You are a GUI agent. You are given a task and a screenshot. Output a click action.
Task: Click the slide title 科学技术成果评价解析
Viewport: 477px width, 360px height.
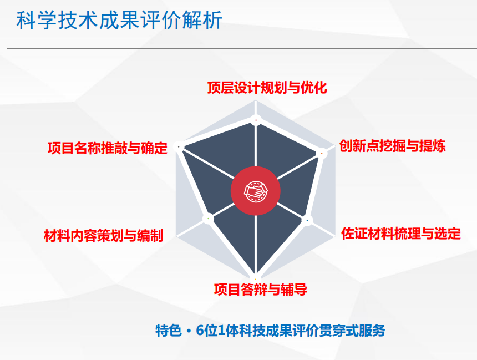pos(119,20)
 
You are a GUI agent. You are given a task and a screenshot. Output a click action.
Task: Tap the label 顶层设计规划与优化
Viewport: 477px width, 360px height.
pos(267,88)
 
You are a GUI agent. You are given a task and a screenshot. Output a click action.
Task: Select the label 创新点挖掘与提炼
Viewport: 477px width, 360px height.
pos(393,146)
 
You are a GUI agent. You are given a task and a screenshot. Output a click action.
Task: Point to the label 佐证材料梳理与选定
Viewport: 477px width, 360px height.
pos(401,234)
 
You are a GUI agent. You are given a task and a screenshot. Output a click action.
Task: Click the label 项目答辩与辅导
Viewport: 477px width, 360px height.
pos(260,289)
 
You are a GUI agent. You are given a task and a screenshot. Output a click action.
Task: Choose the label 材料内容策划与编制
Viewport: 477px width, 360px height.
pos(104,236)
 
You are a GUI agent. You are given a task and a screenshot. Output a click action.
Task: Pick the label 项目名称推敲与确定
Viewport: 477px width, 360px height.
pos(108,148)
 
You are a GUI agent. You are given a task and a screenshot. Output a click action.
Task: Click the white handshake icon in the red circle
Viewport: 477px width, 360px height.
pos(256,191)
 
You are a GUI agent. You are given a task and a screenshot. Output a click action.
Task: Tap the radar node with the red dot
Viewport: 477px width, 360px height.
pos(256,120)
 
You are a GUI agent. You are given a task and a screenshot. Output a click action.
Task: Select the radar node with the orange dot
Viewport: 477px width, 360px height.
pos(322,153)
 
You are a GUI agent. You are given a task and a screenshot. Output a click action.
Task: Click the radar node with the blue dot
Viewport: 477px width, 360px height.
pos(307,220)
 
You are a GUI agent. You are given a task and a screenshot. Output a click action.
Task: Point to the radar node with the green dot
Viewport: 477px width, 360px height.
pos(208,219)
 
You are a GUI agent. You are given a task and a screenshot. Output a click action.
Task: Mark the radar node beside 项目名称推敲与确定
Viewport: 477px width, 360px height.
pos(179,146)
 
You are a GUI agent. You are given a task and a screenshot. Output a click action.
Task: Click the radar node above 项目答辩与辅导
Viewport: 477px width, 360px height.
pos(256,279)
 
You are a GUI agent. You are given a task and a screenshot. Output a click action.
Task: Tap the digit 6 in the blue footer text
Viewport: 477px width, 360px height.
pos(200,331)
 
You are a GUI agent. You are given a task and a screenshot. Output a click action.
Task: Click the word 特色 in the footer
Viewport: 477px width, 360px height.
pos(169,331)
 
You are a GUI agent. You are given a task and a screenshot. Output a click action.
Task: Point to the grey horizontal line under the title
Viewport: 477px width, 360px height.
pos(242,48)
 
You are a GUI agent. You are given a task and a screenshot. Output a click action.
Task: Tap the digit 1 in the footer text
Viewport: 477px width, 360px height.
pos(221,331)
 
